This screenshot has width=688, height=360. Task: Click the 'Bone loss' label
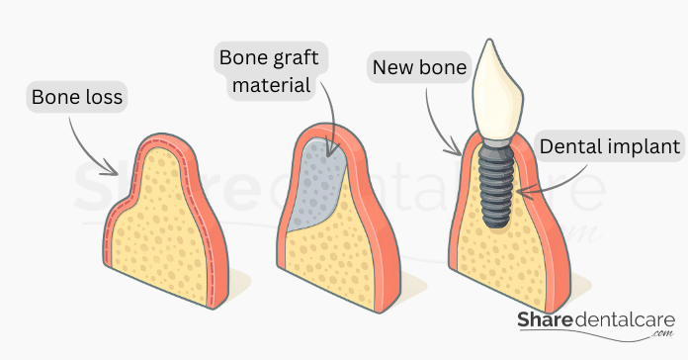point(77,98)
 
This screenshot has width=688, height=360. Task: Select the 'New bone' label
point(413,69)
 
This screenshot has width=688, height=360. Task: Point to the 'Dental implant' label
point(611,148)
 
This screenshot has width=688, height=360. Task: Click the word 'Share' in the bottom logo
point(549,321)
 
